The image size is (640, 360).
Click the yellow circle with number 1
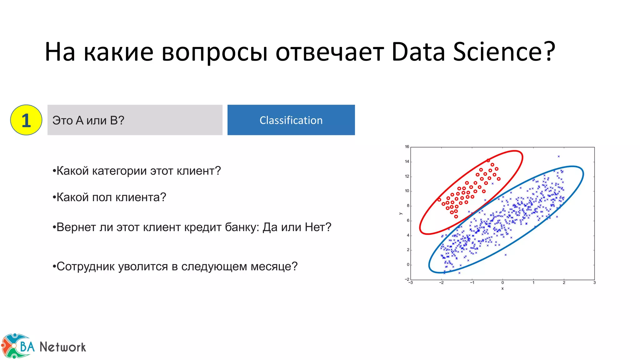click(26, 120)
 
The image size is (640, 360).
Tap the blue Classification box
click(291, 120)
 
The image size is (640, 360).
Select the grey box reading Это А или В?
click(135, 120)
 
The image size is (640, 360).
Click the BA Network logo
click(44, 346)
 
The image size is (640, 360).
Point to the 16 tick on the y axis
click(407, 147)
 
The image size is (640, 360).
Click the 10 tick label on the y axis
click(407, 191)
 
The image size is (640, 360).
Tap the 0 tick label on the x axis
click(502, 282)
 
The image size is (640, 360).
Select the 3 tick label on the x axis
click(594, 282)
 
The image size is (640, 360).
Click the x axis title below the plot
click(502, 288)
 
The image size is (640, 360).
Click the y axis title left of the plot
click(401, 213)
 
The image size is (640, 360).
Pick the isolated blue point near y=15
click(558, 156)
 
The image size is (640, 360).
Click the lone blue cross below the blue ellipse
click(505, 255)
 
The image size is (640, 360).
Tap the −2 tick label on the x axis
click(441, 282)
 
